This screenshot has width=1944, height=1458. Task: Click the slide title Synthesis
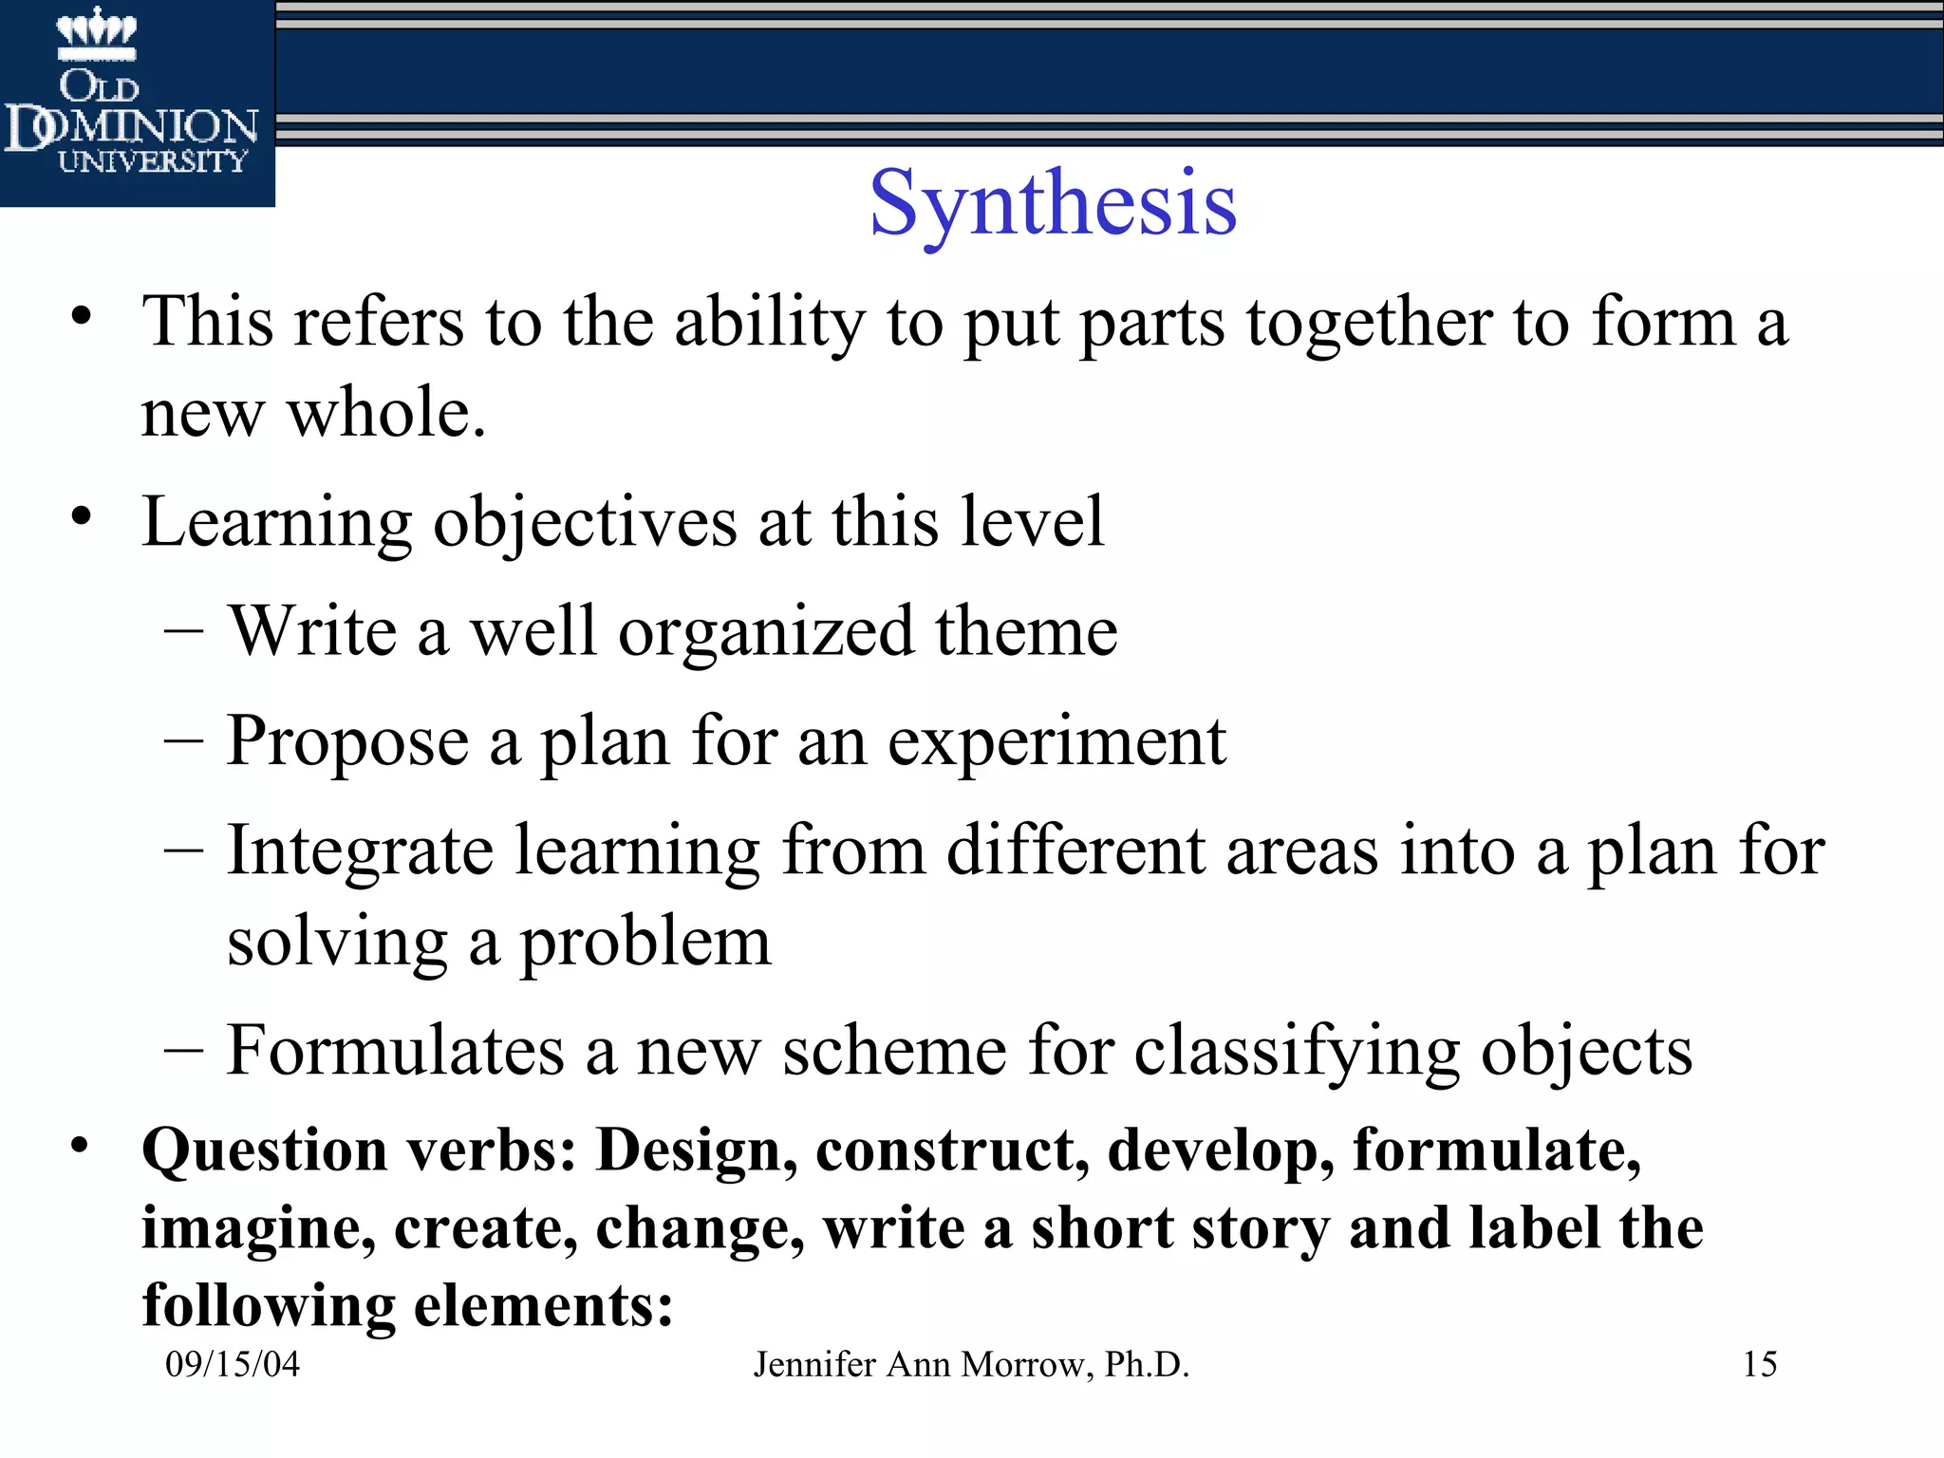(1053, 203)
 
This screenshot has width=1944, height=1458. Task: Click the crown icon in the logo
(97, 31)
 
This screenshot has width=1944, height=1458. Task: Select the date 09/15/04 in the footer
(233, 1364)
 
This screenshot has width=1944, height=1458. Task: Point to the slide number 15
(1760, 1364)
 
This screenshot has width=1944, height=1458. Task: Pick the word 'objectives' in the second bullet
(585, 522)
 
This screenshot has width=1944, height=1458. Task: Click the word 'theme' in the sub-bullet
(1026, 631)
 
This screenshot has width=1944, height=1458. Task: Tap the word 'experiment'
(1056, 742)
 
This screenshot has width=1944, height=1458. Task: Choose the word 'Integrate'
(361, 850)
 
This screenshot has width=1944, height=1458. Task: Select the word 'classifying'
(1297, 1052)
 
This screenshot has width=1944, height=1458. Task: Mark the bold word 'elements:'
(544, 1306)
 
